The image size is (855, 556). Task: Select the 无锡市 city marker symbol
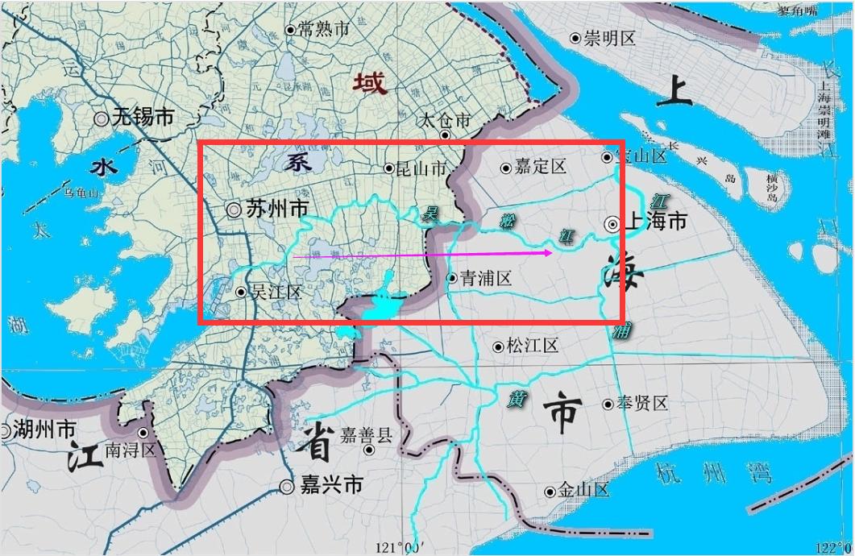tap(102, 118)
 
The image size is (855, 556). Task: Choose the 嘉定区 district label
tap(541, 168)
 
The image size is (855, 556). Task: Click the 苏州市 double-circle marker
tap(234, 210)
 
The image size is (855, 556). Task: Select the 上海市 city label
tap(656, 221)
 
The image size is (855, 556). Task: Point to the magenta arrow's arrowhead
tap(549, 253)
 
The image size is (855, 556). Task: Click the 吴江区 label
tap(276, 292)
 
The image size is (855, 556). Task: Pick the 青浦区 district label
tap(486, 279)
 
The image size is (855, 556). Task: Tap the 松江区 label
tap(533, 346)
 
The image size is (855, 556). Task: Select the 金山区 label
tap(584, 491)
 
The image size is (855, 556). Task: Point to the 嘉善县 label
tap(367, 436)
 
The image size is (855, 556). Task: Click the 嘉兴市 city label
tap(331, 486)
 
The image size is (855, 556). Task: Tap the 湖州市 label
tap(45, 429)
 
